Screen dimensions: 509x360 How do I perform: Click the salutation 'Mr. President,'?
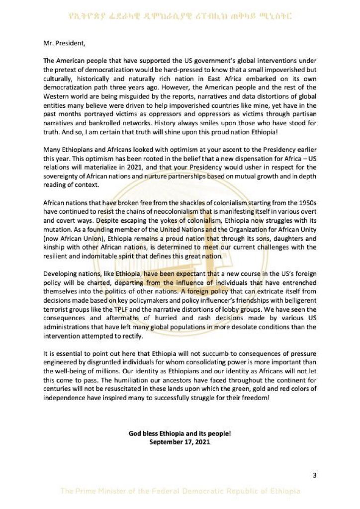click(64, 43)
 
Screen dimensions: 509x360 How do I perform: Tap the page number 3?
click(314, 475)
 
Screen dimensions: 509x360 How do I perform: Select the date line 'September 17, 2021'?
click(180, 441)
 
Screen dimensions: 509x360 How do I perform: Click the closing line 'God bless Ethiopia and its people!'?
click(180, 433)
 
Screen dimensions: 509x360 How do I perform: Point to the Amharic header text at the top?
click(180, 16)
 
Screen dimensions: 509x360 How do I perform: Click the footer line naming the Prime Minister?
click(180, 492)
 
